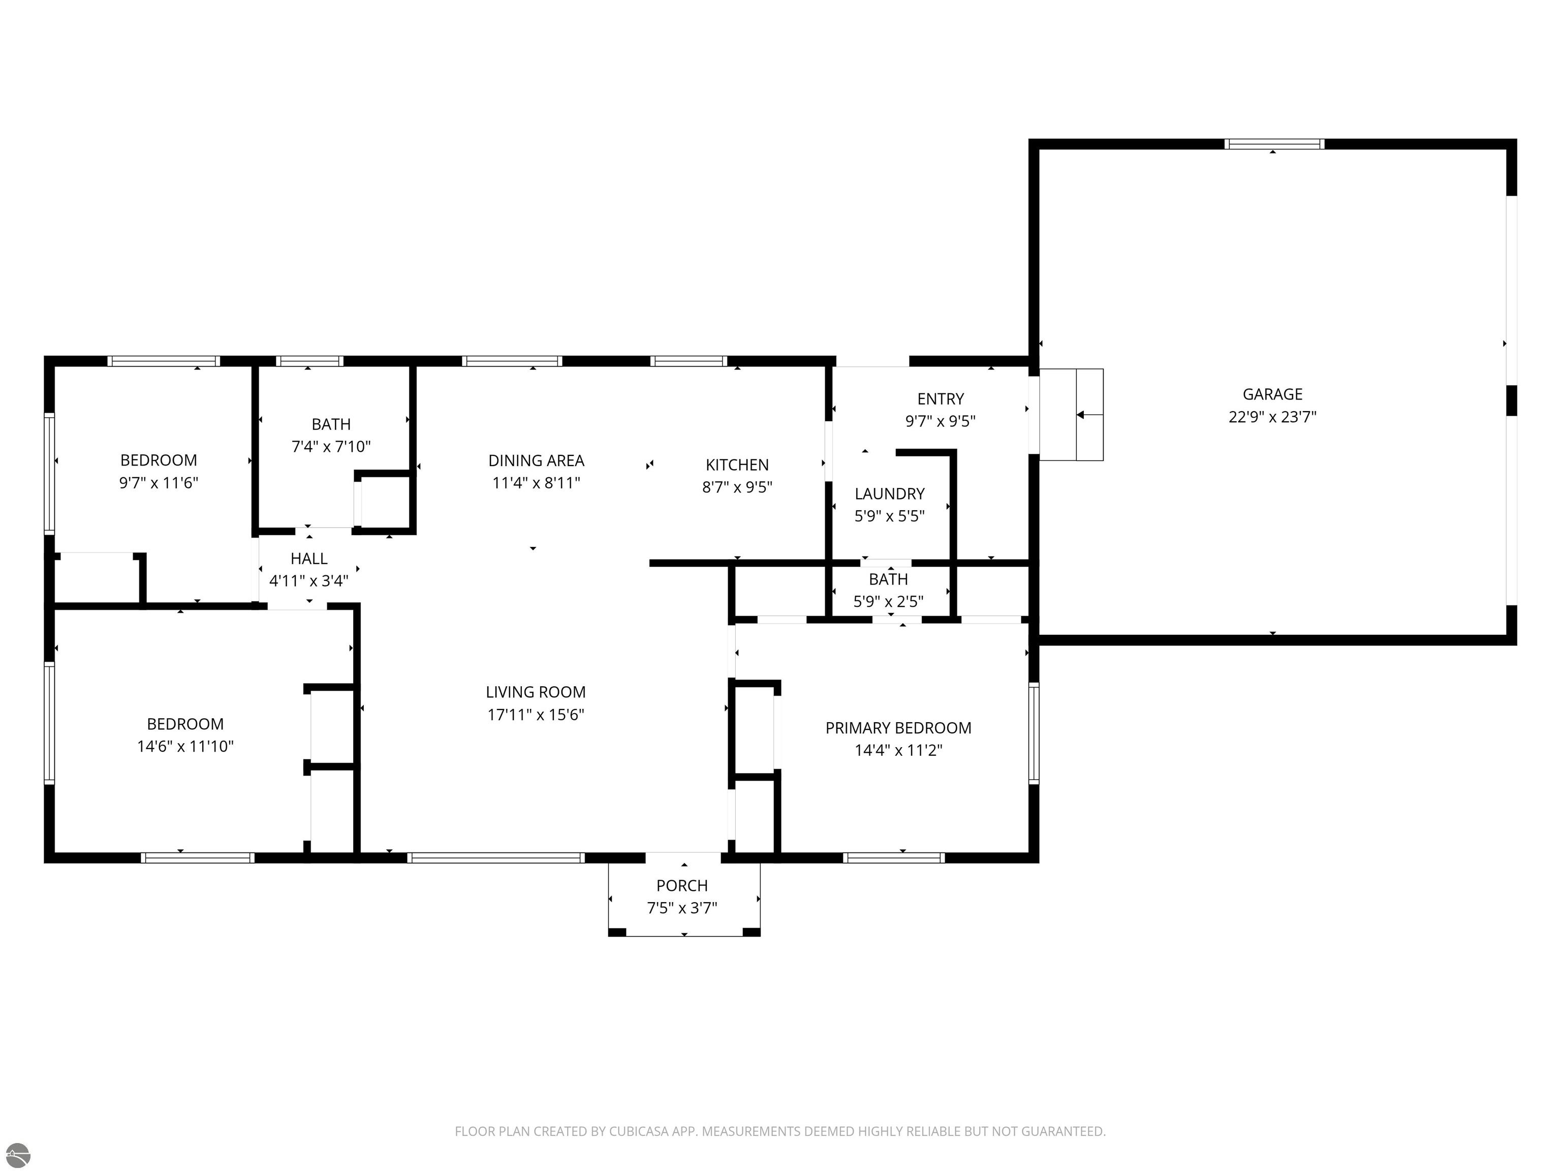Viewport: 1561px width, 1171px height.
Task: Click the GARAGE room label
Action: (1272, 394)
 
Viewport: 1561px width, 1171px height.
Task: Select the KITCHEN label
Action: (737, 465)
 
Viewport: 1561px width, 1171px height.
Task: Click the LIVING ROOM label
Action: (536, 692)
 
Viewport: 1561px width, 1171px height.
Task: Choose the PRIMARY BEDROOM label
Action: (898, 728)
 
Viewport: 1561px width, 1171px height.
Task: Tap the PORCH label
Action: (682, 885)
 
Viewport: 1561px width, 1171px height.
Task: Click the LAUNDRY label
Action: (889, 494)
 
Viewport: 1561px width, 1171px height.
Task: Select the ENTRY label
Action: (941, 399)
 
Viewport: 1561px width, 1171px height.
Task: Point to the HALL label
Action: (309, 559)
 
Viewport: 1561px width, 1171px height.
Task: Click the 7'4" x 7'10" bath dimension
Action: (331, 446)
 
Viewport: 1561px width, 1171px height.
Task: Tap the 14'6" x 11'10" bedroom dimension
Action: (185, 746)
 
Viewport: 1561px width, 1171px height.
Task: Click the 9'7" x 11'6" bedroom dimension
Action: (159, 483)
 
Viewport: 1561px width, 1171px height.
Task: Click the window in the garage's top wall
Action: (1274, 144)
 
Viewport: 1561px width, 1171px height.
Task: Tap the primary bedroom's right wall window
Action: (1034, 733)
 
